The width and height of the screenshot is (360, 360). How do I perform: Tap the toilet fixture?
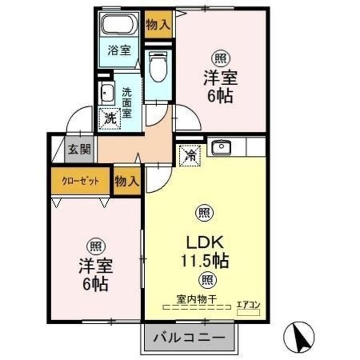[x=158, y=66]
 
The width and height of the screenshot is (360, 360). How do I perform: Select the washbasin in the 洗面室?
[x=107, y=93]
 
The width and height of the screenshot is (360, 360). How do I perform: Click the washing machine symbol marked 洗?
[x=110, y=119]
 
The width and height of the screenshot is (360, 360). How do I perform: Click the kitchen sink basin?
[x=222, y=147]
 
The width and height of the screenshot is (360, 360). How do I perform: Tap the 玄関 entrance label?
[x=79, y=150]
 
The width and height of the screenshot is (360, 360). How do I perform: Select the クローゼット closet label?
[x=80, y=181]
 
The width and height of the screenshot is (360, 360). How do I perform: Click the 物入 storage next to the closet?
[x=127, y=181]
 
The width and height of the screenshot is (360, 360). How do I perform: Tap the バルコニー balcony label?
[x=190, y=337]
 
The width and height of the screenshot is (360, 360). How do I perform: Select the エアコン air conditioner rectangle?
[x=248, y=313]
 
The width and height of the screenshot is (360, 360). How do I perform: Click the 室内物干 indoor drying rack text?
[x=197, y=299]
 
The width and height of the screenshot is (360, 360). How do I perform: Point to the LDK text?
[x=205, y=242]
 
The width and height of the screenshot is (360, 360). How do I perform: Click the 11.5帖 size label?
[x=205, y=261]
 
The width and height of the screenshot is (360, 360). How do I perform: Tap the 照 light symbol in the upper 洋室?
[x=220, y=58]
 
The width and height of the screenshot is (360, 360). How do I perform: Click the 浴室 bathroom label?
[x=119, y=51]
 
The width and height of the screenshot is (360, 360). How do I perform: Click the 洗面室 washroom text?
[x=127, y=102]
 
